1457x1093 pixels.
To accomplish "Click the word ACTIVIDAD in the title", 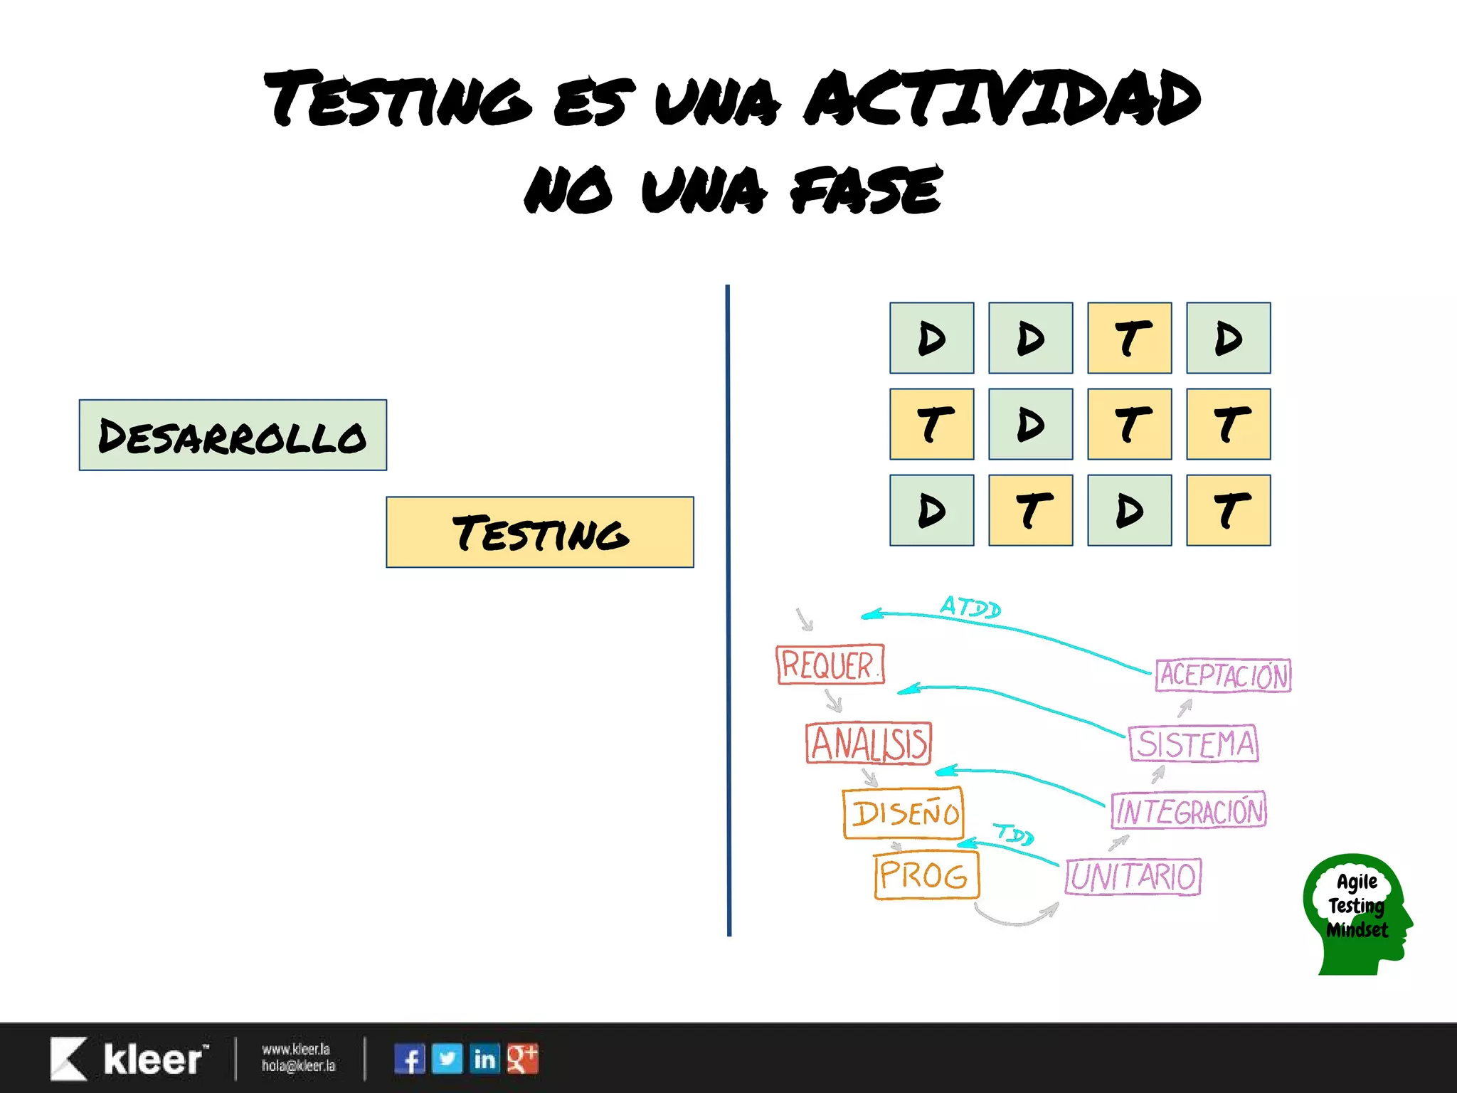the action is pyautogui.click(x=1002, y=100).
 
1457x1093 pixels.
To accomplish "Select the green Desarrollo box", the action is pyautogui.click(x=233, y=435).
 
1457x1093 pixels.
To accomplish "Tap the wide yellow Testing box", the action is pyautogui.click(x=540, y=532).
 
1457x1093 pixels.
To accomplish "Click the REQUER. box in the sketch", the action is pyautogui.click(x=830, y=665).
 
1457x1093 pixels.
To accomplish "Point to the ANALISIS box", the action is pyautogui.click(x=869, y=744).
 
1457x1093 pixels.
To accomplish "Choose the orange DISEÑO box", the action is pyautogui.click(x=904, y=813).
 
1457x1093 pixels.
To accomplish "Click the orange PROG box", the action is pyautogui.click(x=926, y=875).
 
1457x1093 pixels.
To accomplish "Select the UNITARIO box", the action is pyautogui.click(x=1133, y=877).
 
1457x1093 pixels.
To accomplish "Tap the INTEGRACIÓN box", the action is pyautogui.click(x=1190, y=810).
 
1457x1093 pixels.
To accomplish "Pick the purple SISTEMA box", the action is pyautogui.click(x=1194, y=744).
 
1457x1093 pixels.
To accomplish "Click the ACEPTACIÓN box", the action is pyautogui.click(x=1224, y=675).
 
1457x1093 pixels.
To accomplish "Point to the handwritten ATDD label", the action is pyautogui.click(x=970, y=607).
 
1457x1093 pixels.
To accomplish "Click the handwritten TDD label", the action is pyautogui.click(x=1014, y=833).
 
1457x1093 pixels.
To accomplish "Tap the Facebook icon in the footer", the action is pyautogui.click(x=410, y=1059).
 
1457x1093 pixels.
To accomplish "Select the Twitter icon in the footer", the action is pyautogui.click(x=447, y=1059).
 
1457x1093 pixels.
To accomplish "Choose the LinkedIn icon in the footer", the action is pyautogui.click(x=485, y=1059).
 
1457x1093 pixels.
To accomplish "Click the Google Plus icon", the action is pyautogui.click(x=523, y=1059).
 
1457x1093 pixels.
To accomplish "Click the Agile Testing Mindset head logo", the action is pyautogui.click(x=1356, y=913).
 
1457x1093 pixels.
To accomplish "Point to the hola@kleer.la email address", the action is pyautogui.click(x=298, y=1066).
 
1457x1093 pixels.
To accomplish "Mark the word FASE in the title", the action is pyautogui.click(x=867, y=190).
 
